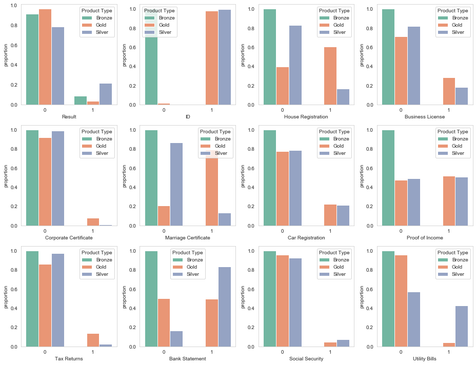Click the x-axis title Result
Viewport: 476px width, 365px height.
pyautogui.click(x=69, y=117)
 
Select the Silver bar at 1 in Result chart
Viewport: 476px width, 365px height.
pyautogui.click(x=105, y=94)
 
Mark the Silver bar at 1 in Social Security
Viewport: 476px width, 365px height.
pyautogui.click(x=343, y=343)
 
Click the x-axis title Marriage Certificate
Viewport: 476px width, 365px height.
pyautogui.click(x=187, y=238)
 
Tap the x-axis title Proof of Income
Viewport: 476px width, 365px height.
pyautogui.click(x=424, y=238)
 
